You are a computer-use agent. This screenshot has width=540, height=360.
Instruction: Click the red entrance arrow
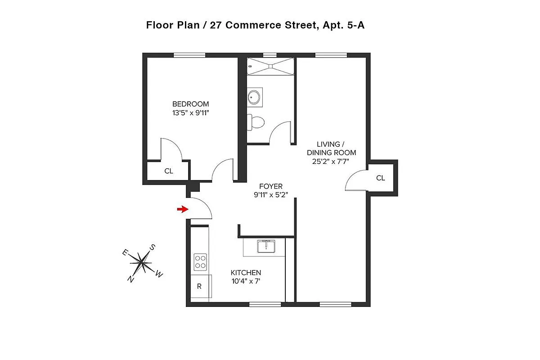(x=182, y=209)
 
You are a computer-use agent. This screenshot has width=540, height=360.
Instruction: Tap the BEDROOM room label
(x=190, y=104)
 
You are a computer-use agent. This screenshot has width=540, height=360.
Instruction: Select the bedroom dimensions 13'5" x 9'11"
(x=190, y=113)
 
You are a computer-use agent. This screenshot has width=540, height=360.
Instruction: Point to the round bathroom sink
(x=255, y=96)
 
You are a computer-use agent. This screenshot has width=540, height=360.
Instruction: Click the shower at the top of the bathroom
(x=270, y=66)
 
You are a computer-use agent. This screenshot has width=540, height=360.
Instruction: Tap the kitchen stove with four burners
(x=200, y=261)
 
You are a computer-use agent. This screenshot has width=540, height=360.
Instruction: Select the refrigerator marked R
(x=199, y=286)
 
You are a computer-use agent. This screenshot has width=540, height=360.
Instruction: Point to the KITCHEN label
(x=246, y=273)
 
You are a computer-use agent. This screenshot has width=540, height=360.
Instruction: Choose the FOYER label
(x=271, y=186)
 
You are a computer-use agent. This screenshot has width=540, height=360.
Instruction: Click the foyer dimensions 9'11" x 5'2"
(x=271, y=195)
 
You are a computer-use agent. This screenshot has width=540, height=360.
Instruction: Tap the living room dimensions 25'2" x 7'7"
(x=331, y=161)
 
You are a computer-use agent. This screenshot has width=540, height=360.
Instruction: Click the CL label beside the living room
(x=381, y=178)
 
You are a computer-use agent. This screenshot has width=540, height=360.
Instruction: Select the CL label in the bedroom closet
(x=169, y=171)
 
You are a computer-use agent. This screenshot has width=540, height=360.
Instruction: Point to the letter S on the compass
(x=153, y=247)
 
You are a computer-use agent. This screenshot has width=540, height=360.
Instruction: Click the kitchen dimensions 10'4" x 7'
(x=246, y=281)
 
